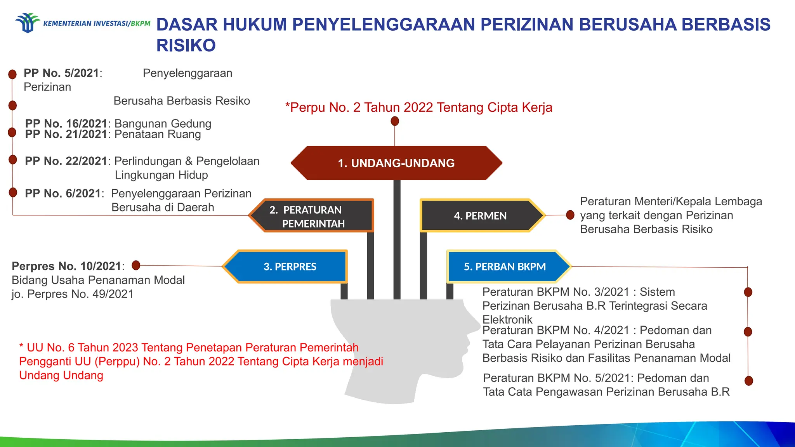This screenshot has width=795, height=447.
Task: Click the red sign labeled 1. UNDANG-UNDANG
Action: [x=396, y=163]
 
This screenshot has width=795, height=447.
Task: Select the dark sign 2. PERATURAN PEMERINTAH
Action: [x=313, y=216]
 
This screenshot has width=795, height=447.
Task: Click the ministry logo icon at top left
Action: [x=27, y=23]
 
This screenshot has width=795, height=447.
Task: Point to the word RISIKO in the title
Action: [x=186, y=45]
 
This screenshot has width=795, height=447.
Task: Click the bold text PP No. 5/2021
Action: [x=61, y=73]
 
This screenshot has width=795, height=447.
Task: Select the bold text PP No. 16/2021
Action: [x=66, y=123]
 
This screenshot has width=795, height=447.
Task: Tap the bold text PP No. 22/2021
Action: [x=66, y=161]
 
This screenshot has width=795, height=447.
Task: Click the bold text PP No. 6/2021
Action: [x=62, y=193]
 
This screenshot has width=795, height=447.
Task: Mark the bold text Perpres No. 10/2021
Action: [x=66, y=266]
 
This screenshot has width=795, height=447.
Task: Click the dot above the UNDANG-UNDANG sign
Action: [x=395, y=121]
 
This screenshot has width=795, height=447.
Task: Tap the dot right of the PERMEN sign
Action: [x=570, y=215]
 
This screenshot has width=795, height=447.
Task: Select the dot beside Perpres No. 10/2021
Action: [x=136, y=265]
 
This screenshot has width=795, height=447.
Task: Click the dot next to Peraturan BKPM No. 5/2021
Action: [x=749, y=381]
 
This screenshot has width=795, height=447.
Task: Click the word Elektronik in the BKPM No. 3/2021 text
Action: [x=507, y=319]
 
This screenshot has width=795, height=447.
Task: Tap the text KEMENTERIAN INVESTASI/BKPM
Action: [x=97, y=24]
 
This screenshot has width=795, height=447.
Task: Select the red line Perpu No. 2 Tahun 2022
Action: [x=418, y=107]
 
